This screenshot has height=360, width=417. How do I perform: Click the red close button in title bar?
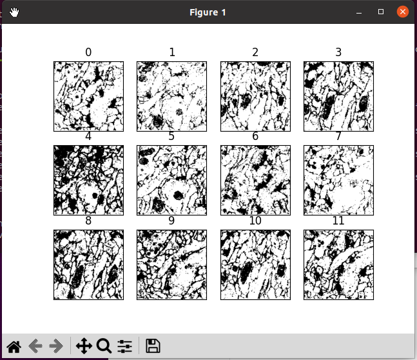tap(403, 12)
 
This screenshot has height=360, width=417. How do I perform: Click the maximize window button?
tap(381, 12)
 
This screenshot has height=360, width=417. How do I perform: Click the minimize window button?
tap(359, 12)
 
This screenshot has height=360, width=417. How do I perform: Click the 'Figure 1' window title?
tap(208, 12)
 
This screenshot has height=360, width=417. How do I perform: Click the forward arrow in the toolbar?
tap(56, 346)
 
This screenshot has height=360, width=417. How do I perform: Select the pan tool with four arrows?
tap(84, 346)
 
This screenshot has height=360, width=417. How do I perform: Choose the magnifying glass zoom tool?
tap(104, 346)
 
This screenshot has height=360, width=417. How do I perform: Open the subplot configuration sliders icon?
tap(124, 346)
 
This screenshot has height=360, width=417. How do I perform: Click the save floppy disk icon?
tap(153, 346)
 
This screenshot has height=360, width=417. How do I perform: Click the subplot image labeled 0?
tap(88, 96)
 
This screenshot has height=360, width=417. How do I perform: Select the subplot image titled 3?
tap(338, 96)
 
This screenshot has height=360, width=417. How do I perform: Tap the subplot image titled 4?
tap(88, 180)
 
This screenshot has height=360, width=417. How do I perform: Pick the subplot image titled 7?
tap(338, 180)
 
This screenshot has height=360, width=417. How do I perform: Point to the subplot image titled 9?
tap(171, 265)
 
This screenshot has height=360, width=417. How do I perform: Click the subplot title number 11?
tap(338, 221)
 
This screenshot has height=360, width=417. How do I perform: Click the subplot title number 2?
tap(255, 52)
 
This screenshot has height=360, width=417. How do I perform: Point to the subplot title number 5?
tap(171, 137)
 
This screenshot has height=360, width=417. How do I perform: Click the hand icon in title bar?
tap(14, 12)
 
